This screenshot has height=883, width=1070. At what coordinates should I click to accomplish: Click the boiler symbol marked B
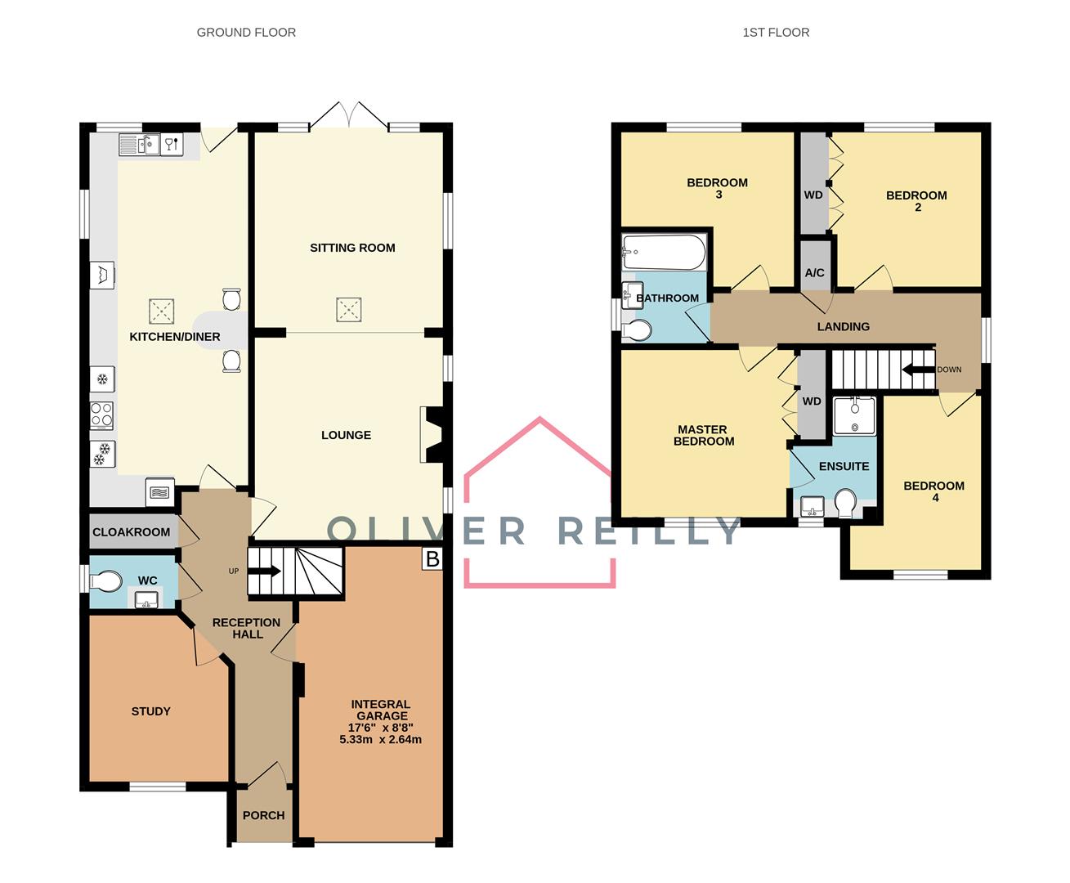tap(432, 558)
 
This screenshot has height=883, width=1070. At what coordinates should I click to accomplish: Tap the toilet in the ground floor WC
tap(106, 581)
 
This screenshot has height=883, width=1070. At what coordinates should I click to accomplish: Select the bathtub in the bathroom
tap(664, 252)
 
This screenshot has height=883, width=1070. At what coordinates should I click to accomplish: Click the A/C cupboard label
tap(814, 272)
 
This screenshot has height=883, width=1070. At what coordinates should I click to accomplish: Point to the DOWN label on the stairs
tap(949, 370)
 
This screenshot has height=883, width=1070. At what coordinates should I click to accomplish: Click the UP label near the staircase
tap(234, 571)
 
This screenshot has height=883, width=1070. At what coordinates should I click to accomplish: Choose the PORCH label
tap(263, 815)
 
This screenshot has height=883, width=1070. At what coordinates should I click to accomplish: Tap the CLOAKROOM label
tap(131, 532)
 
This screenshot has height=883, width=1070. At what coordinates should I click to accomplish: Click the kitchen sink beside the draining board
tap(149, 145)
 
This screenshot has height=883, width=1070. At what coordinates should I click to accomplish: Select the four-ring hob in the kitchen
tap(101, 415)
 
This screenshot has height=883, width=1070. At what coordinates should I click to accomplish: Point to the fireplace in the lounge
tap(432, 435)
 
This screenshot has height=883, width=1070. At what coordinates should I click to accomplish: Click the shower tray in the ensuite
tap(854, 415)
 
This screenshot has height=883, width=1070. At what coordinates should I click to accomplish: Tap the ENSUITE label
tap(844, 466)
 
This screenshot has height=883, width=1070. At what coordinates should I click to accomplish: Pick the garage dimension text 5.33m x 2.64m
tap(380, 739)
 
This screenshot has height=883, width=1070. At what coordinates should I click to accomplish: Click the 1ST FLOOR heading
tap(776, 32)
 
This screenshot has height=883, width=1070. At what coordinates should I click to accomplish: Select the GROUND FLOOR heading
tap(246, 32)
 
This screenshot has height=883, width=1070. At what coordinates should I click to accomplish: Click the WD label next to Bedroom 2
tap(813, 195)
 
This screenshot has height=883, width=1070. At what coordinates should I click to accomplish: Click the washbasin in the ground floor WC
tap(146, 598)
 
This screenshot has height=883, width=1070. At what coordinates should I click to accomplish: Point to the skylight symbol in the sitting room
tap(349, 310)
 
